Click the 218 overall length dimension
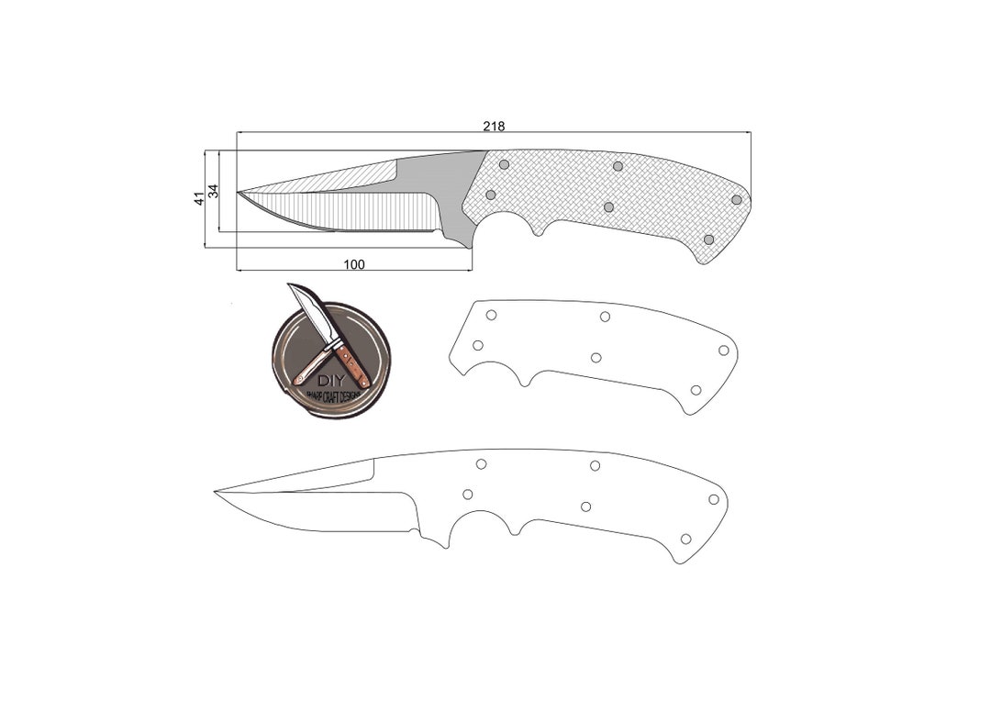pyautogui.click(x=494, y=126)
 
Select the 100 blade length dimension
pyautogui.click(x=354, y=264)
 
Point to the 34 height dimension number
pyautogui.click(x=214, y=191)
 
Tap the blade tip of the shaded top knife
pyautogui.click(x=239, y=193)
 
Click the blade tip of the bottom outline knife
pyautogui.click(x=217, y=492)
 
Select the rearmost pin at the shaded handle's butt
pyautogui.click(x=737, y=199)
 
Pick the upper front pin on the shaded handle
pyautogui.click(x=504, y=163)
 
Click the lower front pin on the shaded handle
pyautogui.click(x=491, y=195)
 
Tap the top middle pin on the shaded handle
pyautogui.click(x=618, y=166)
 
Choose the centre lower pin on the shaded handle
pyautogui.click(x=608, y=206)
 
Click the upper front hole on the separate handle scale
pyautogui.click(x=492, y=315)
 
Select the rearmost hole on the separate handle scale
pyautogui.click(x=724, y=350)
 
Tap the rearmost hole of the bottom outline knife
pyautogui.click(x=714, y=499)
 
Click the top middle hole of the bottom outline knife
pyautogui.click(x=596, y=465)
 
